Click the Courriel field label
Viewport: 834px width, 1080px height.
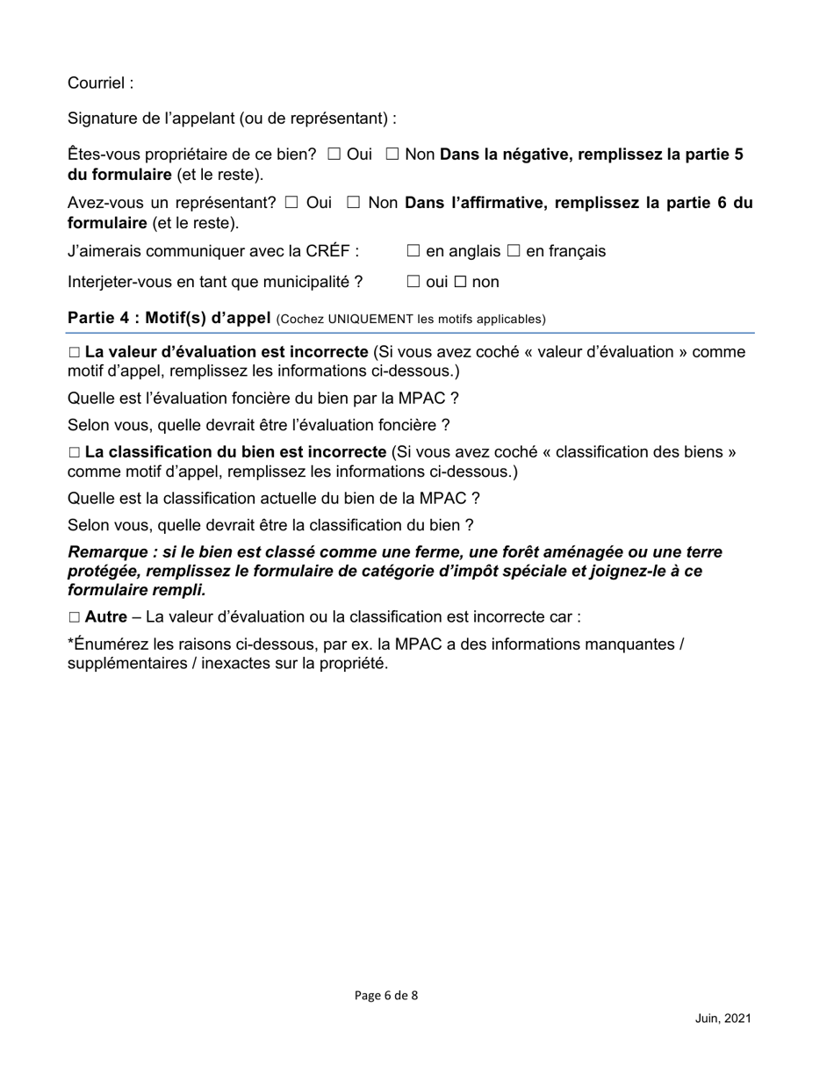100,83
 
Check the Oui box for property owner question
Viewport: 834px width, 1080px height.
334,155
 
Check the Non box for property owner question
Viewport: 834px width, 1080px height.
392,155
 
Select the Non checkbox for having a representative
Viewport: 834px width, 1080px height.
354,204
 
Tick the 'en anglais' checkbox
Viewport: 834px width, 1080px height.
413,252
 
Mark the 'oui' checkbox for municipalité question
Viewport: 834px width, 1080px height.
413,283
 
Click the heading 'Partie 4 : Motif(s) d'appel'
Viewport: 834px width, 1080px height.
169,318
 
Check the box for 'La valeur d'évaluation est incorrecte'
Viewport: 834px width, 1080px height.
74,353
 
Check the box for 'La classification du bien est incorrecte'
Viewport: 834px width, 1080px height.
74,453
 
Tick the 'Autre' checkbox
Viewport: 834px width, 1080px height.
74,618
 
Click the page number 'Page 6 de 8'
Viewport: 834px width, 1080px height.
386,996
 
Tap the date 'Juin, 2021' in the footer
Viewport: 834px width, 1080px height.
723,1019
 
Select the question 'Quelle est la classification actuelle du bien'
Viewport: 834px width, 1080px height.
273,499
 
